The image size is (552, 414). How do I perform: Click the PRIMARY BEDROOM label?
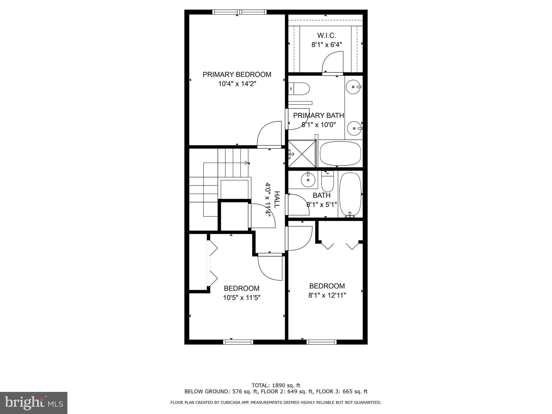(x=237, y=74)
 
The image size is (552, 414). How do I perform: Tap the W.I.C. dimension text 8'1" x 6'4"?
(x=327, y=45)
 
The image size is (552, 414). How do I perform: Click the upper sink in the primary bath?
(x=353, y=87)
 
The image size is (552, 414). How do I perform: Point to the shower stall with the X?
(x=302, y=153)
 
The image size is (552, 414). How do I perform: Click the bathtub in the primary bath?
(x=340, y=154)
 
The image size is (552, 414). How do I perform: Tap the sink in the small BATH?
(x=308, y=180)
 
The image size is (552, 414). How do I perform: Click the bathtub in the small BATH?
(x=350, y=195)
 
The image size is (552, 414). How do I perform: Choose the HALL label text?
(x=277, y=199)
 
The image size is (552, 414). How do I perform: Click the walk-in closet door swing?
(x=332, y=64)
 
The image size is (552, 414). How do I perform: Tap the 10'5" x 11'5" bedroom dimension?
(x=242, y=298)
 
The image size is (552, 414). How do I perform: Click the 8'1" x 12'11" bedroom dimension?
(x=327, y=295)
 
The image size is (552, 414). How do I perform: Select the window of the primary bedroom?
(x=239, y=12)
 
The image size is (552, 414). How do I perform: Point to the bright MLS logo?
(x=34, y=403)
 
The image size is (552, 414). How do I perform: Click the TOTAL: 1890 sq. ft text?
(x=276, y=385)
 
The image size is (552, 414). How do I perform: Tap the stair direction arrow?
(x=246, y=163)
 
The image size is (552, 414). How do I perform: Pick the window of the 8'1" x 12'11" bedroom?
(x=322, y=342)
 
